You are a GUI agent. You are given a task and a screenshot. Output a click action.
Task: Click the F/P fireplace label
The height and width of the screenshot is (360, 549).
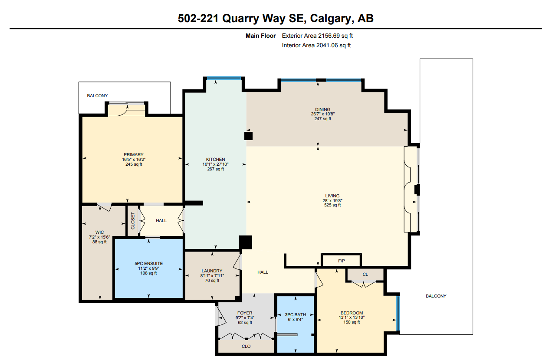[x=342, y=261]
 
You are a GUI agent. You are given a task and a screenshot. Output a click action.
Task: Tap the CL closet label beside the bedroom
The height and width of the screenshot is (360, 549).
[x=365, y=274]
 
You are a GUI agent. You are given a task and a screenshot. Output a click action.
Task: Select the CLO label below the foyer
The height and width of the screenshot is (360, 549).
[x=246, y=346]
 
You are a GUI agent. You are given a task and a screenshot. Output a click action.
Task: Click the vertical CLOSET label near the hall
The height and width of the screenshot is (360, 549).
[x=133, y=221]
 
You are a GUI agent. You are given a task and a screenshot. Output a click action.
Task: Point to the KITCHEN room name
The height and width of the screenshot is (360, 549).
[x=215, y=160]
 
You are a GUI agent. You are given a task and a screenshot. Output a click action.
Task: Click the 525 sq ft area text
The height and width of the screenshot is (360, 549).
[x=332, y=205]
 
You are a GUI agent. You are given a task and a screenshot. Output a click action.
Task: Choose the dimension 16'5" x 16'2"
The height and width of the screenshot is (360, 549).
[x=134, y=160]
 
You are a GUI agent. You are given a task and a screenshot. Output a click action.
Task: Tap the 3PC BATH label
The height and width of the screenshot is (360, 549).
[x=296, y=315]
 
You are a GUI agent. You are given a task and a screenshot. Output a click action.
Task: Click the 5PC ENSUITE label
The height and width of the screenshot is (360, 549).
[x=148, y=264]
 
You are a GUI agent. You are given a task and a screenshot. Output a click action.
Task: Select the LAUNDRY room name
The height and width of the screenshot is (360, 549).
[x=212, y=271]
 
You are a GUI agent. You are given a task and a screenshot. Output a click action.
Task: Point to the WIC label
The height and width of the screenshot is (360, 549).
[x=99, y=232]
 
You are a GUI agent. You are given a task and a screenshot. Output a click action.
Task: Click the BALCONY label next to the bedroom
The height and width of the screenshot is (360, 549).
[x=436, y=296]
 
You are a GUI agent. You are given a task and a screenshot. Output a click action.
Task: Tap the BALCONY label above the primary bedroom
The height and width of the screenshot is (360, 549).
[x=97, y=95]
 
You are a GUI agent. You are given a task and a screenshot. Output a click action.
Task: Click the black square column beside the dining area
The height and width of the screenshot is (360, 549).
[x=248, y=136]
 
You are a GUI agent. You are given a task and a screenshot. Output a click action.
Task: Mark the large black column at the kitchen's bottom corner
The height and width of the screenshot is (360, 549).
[x=245, y=242]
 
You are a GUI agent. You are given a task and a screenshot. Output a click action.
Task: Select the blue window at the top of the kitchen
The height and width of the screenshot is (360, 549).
[x=224, y=78]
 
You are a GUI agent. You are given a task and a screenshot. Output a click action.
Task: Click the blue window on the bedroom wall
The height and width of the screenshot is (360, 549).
[x=398, y=313]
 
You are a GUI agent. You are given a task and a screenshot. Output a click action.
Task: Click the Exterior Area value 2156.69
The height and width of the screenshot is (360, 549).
[x=329, y=36]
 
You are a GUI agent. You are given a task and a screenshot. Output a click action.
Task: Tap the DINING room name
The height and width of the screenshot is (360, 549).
[x=322, y=109]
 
